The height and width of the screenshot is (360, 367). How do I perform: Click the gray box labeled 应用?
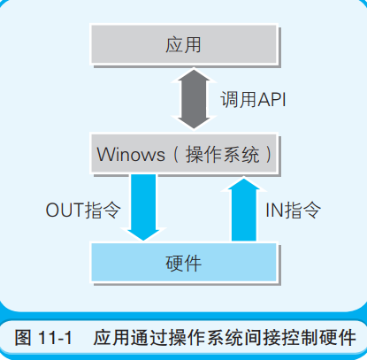pyautogui.click(x=184, y=44)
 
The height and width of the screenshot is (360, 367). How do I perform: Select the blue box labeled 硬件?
pyautogui.click(x=184, y=263)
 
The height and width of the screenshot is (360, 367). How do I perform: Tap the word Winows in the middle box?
pyautogui.click(x=131, y=154)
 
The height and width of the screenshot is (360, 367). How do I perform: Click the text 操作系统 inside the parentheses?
pyautogui.click(x=222, y=155)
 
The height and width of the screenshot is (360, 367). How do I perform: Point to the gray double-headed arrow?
pyautogui.click(x=194, y=99)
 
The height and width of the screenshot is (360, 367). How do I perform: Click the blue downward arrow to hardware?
pyautogui.click(x=143, y=207)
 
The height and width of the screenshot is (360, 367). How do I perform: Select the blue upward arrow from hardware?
pyautogui.click(x=244, y=209)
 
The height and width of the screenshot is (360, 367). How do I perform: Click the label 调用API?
pyautogui.click(x=253, y=99)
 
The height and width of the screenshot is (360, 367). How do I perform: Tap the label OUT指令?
pyautogui.click(x=83, y=211)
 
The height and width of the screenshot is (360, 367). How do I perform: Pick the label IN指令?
pyautogui.click(x=293, y=211)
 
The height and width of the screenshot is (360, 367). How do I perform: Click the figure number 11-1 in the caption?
pyautogui.click(x=55, y=338)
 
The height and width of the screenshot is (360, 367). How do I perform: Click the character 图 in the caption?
pyautogui.click(x=23, y=338)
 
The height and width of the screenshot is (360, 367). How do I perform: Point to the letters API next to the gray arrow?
pyautogui.click(x=271, y=99)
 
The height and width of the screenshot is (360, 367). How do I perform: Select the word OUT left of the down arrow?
pyautogui.click(x=65, y=211)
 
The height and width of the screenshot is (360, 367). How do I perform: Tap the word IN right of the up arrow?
pyautogui.click(x=274, y=211)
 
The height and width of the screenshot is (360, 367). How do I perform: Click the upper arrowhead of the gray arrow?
pyautogui.click(x=194, y=75)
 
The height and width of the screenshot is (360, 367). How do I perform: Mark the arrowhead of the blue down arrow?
pyautogui.click(x=143, y=234)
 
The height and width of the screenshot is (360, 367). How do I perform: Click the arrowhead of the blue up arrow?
pyautogui.click(x=244, y=183)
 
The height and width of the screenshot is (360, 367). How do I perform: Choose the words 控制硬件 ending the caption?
pyautogui.click(x=319, y=338)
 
